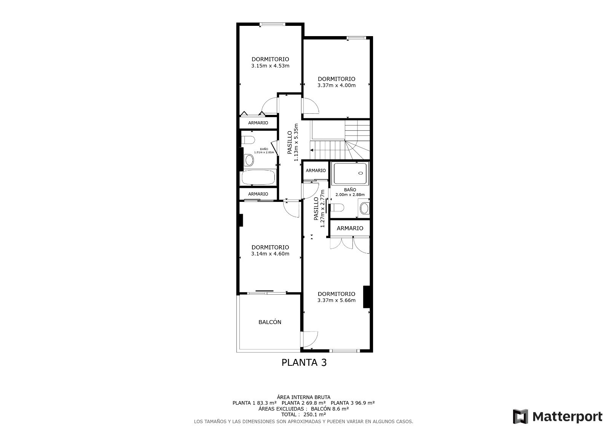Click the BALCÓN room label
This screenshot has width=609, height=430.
point(270,322)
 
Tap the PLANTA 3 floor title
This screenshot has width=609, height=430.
point(304,362)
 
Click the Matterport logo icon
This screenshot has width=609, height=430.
point(520,416)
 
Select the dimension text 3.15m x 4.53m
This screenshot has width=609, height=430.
point(270,66)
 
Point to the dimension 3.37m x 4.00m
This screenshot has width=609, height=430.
point(336,86)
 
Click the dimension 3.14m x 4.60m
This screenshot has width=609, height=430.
point(270,254)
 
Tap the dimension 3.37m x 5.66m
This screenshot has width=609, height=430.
point(336,300)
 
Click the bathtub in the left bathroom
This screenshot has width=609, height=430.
point(258,177)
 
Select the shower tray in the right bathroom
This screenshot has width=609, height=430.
point(350,173)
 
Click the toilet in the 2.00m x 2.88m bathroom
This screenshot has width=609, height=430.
point(338,207)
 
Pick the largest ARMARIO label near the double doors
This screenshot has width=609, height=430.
point(350,228)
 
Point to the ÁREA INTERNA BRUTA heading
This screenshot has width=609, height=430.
point(304,397)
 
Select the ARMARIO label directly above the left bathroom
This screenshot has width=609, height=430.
point(258,123)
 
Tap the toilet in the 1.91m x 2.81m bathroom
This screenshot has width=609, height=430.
point(249,140)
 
